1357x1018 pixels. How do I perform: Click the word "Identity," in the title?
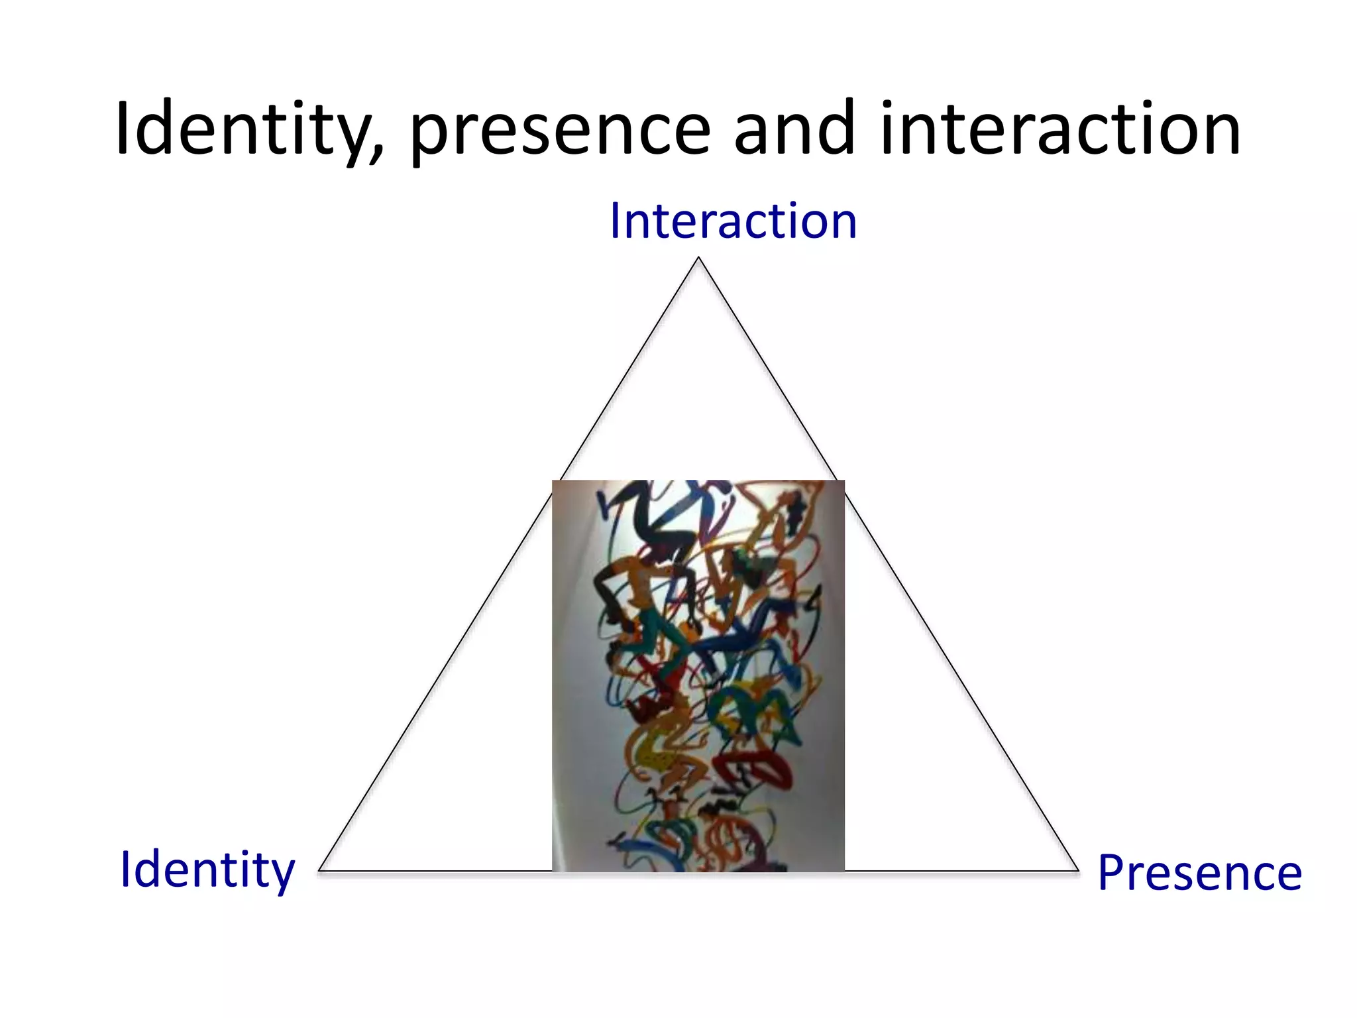coord(248,129)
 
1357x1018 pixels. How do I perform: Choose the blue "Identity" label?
coord(207,870)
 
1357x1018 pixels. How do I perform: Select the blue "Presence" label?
coord(1199,873)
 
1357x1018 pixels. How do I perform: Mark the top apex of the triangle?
coord(698,258)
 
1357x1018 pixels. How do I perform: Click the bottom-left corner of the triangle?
coord(319,870)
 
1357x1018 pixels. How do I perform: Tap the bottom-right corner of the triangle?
coord(1078,870)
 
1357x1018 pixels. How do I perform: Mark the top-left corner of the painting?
coord(553,481)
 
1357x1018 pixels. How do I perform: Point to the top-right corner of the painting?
coord(843,481)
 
